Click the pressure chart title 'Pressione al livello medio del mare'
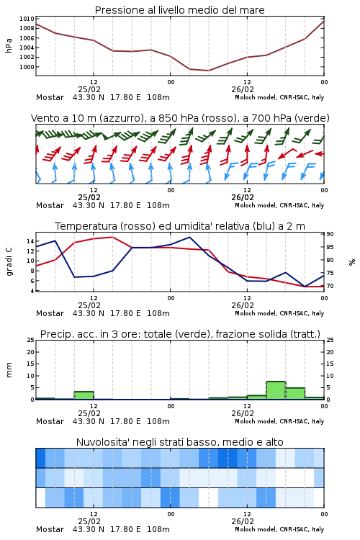179,10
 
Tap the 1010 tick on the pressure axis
27,19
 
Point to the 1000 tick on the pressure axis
27,67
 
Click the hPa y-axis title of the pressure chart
9,45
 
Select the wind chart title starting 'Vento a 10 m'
180,118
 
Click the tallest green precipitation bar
276,390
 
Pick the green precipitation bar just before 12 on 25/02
84,395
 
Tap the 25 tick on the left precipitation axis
31,340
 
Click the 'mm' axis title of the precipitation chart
9,370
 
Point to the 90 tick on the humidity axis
330,234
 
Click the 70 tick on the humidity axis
330,286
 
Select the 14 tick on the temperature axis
30,241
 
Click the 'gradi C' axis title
9,262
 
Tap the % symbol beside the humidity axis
352,262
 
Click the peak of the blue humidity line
189,237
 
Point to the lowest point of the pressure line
208,71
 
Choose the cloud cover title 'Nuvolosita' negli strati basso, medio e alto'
179,442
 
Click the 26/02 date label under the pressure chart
243,89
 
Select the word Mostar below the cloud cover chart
50,529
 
